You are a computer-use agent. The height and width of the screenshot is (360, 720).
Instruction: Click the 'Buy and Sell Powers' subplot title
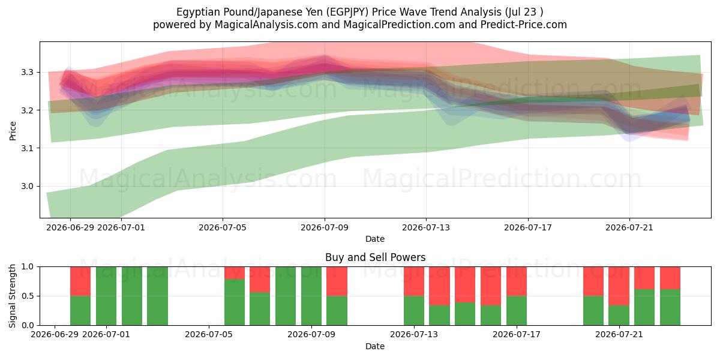pos(375,257)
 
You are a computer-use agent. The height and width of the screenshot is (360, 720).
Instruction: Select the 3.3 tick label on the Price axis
pos(28,72)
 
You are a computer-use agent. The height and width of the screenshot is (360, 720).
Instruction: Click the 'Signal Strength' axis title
pos(12,296)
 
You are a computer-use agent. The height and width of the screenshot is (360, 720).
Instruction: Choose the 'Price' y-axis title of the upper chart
pos(13,131)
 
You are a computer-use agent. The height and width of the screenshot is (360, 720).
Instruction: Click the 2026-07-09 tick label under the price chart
pos(325,228)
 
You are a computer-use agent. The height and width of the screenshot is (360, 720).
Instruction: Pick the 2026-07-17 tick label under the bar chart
pos(517,335)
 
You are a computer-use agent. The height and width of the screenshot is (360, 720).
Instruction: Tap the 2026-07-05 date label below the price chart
pos(223,228)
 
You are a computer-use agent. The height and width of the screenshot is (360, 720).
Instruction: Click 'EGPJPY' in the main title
pos(347,12)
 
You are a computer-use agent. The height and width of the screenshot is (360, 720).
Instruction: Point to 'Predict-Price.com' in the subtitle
pos(524,25)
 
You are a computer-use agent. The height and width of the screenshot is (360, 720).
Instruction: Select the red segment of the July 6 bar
pos(235,273)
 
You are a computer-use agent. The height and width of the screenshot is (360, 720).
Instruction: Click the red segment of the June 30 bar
pos(80,281)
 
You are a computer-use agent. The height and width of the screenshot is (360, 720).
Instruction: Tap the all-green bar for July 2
pos(132,296)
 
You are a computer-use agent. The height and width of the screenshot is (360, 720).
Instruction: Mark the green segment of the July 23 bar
pos(670,307)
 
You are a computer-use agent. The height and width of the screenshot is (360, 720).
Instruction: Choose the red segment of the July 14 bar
pos(439,286)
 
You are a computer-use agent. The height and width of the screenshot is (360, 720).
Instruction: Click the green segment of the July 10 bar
pos(337,311)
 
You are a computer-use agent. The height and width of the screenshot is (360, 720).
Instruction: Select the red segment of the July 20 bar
pos(593,281)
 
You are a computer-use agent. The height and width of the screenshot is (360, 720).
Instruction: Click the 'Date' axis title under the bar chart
pos(375,347)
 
